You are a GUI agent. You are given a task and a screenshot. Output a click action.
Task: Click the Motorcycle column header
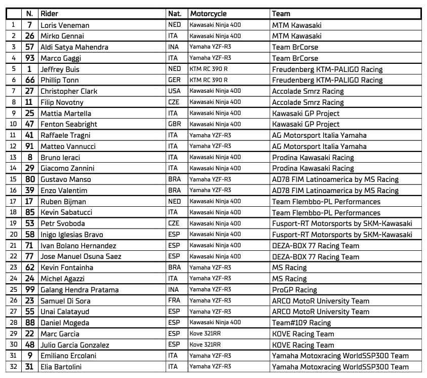click(x=208, y=14)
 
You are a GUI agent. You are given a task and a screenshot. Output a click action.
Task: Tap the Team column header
click(x=281, y=14)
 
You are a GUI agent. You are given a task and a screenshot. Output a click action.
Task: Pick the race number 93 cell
click(x=30, y=58)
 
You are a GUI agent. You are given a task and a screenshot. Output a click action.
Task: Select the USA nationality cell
click(x=174, y=91)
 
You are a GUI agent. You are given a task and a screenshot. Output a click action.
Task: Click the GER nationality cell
click(x=174, y=80)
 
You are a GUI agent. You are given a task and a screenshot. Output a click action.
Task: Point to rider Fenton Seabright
click(x=69, y=124)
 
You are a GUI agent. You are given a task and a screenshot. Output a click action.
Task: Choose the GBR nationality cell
click(x=174, y=124)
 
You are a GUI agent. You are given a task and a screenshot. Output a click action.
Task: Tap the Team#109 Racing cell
click(x=301, y=323)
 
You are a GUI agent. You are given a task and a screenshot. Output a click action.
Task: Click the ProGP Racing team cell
click(x=295, y=290)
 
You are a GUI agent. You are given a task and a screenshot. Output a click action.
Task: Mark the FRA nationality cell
click(x=174, y=301)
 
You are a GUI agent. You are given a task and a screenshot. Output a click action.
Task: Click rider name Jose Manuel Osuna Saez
click(x=82, y=257)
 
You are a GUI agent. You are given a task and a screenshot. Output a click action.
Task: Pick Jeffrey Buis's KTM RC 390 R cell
click(x=209, y=69)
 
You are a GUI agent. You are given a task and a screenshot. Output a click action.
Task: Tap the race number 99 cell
click(x=30, y=290)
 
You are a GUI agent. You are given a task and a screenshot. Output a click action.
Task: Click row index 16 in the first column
click(x=13, y=191)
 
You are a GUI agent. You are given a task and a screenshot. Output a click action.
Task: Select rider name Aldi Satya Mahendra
click(x=74, y=47)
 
